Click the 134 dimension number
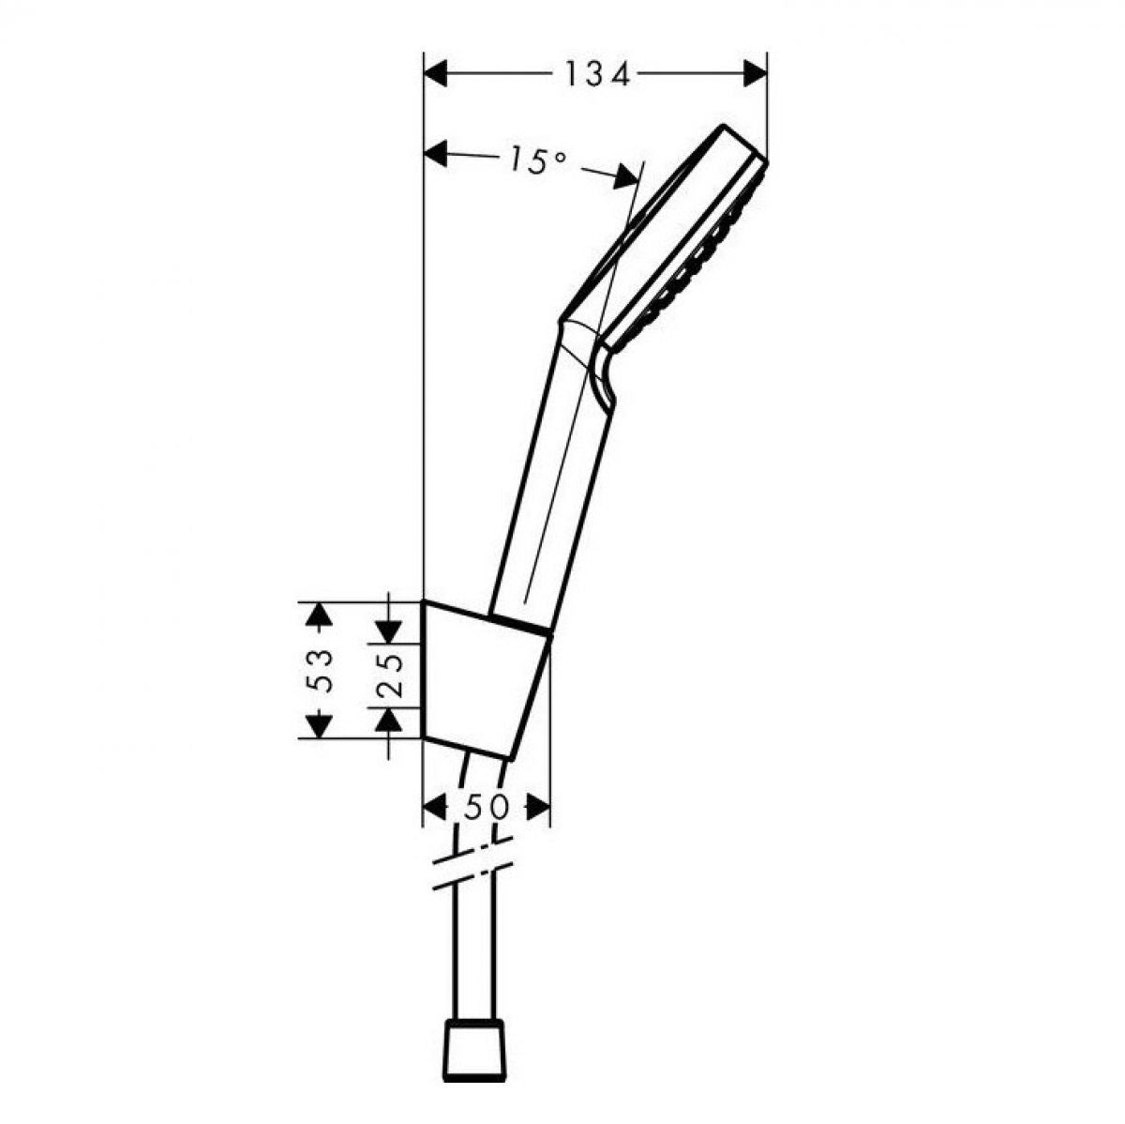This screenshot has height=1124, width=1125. (x=597, y=74)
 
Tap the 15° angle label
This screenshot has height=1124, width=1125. (x=535, y=159)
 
